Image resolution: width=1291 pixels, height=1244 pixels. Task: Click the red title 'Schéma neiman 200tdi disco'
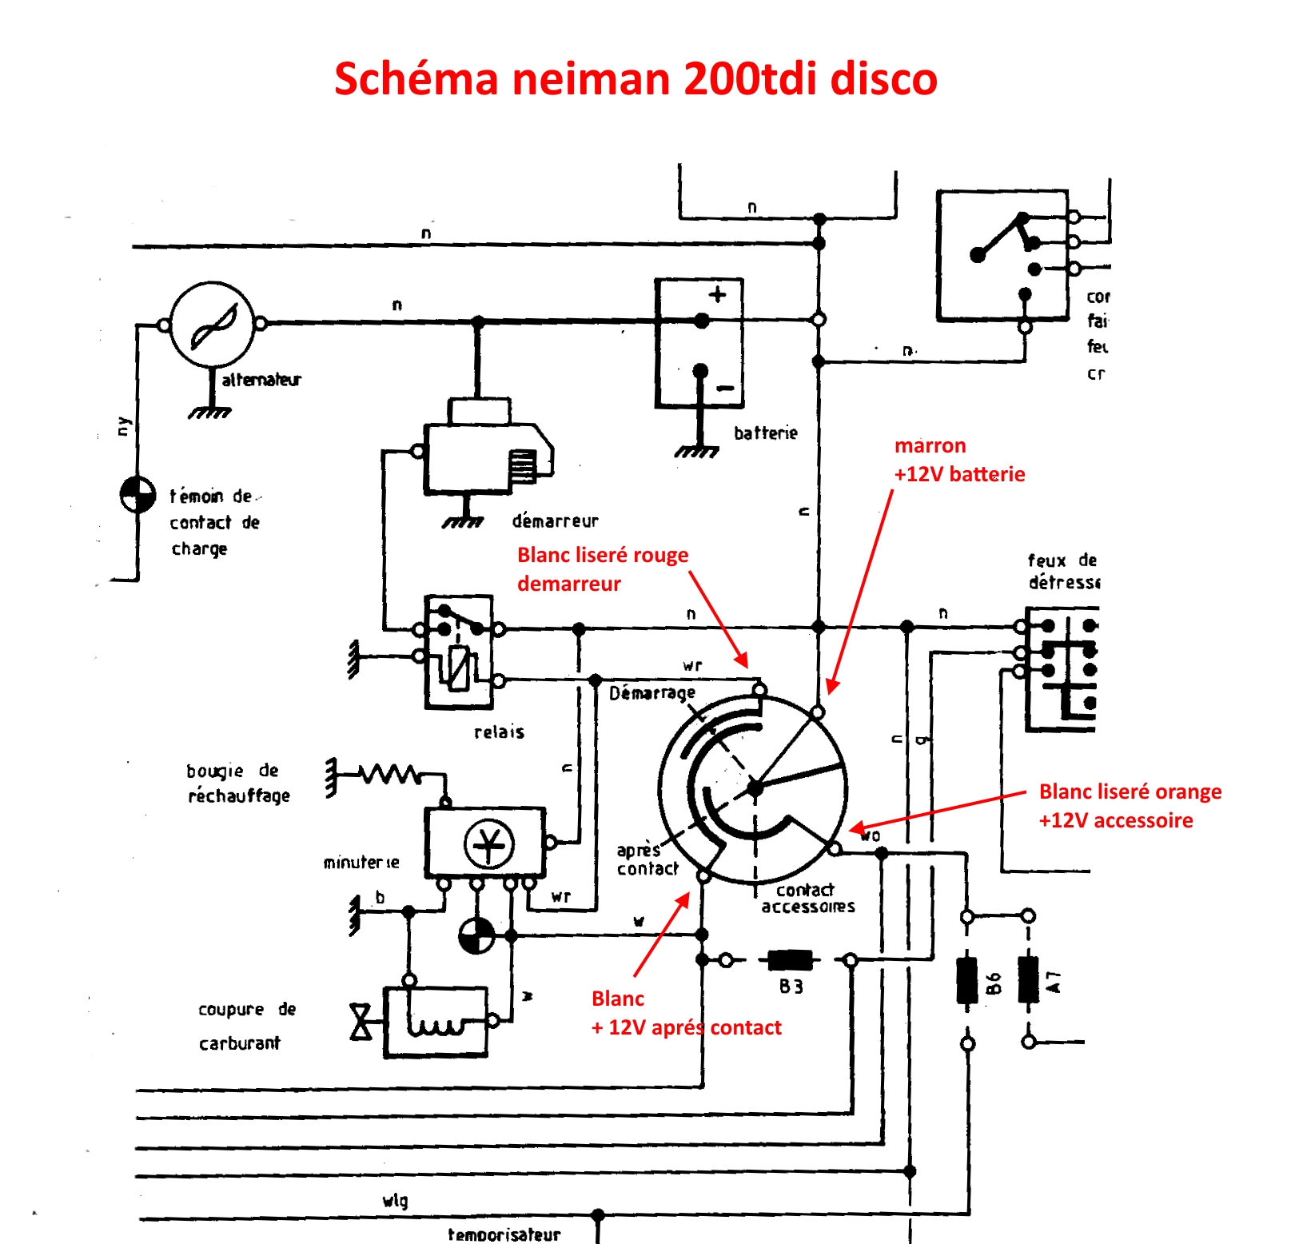(636, 78)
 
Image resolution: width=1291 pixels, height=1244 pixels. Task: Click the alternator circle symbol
(213, 324)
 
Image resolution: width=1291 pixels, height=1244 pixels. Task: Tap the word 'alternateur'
(261, 380)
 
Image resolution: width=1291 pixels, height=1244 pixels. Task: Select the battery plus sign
(717, 294)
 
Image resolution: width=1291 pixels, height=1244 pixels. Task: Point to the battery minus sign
(725, 389)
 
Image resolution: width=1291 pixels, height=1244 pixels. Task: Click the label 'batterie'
(766, 433)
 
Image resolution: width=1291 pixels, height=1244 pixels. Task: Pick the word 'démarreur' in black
(555, 521)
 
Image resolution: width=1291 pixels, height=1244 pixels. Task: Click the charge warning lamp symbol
(137, 495)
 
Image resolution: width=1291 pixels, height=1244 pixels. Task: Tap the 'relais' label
(499, 732)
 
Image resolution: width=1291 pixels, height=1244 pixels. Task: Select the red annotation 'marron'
(930, 445)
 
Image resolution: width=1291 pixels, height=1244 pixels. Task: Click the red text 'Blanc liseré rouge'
(602, 555)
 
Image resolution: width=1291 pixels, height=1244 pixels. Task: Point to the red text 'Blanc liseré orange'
(1130, 791)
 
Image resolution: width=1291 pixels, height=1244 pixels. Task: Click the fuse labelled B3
(790, 960)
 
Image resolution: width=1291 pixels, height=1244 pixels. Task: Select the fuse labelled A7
(1029, 979)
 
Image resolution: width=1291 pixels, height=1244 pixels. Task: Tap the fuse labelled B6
(967, 979)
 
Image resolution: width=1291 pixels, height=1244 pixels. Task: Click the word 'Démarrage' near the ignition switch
(651, 693)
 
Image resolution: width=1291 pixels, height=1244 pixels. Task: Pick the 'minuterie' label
(361, 863)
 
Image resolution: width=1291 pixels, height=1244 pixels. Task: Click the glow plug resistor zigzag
(390, 774)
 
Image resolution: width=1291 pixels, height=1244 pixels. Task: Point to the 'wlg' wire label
(395, 1200)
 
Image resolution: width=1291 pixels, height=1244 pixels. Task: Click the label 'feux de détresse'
(1062, 571)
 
